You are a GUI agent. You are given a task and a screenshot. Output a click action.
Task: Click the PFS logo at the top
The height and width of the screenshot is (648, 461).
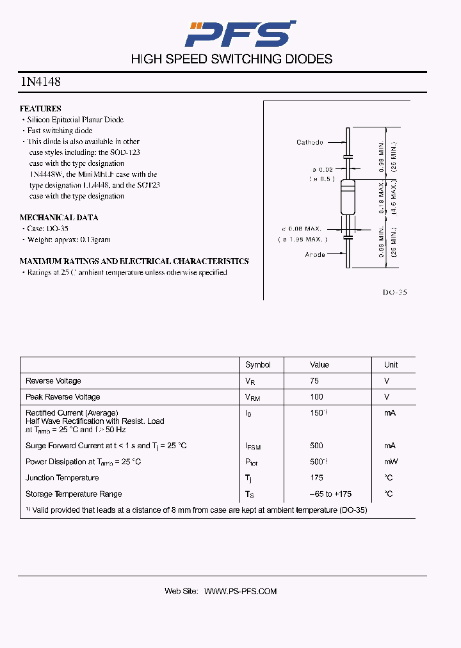click(240, 33)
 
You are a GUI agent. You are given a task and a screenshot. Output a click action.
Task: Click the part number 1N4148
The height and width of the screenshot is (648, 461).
click(40, 82)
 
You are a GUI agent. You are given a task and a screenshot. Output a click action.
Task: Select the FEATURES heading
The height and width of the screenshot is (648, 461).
click(40, 109)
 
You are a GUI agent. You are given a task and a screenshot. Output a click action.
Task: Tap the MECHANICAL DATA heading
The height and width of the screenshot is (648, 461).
click(59, 218)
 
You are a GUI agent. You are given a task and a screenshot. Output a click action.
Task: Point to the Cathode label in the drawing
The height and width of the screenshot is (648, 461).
click(310, 142)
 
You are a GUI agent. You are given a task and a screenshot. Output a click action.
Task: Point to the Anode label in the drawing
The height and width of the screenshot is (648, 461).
click(314, 254)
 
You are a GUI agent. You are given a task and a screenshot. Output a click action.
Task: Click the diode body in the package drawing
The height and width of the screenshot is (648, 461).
click(347, 198)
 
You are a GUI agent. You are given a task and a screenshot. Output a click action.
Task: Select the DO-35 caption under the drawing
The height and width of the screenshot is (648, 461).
click(394, 292)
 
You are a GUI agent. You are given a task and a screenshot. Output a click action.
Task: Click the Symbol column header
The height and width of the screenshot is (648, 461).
click(258, 365)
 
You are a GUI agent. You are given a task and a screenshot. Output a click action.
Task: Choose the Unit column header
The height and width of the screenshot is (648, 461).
click(391, 365)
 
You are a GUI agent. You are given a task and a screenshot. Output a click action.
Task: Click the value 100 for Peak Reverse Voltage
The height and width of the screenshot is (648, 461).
click(316, 397)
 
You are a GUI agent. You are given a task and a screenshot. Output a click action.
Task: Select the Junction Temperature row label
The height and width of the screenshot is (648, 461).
click(62, 478)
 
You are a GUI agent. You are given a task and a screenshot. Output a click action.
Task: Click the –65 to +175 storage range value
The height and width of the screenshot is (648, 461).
click(330, 494)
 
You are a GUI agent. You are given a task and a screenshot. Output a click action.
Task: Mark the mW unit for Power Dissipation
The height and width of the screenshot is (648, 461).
click(391, 462)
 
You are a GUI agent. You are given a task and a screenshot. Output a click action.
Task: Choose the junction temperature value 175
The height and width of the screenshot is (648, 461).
click(316, 478)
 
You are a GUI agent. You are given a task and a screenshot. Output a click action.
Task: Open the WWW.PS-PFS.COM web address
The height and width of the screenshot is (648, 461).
click(240, 592)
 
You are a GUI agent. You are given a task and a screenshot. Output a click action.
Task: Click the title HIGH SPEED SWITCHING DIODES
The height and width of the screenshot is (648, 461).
click(232, 59)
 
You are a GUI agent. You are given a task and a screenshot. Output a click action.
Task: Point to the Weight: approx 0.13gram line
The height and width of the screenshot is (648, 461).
click(69, 239)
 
